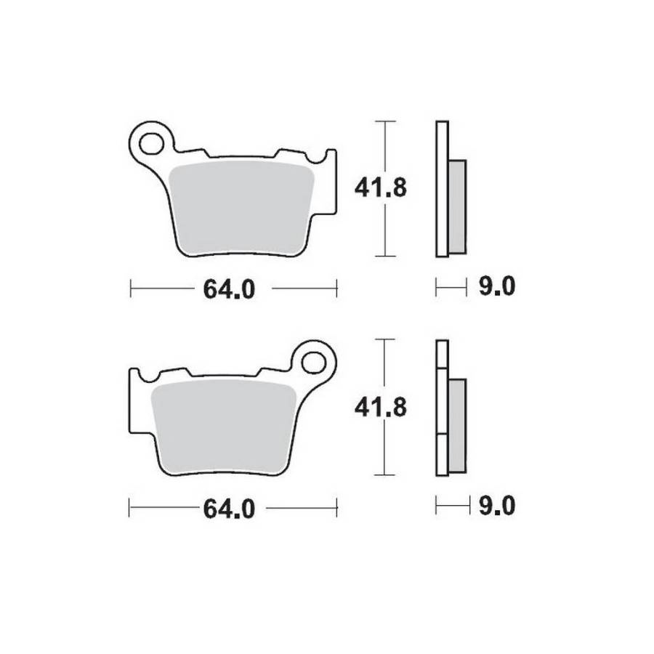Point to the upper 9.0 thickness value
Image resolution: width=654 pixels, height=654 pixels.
click(496, 288)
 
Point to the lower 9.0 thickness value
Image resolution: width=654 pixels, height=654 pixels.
click(496, 504)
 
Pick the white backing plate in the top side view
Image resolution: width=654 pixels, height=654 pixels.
click(442, 189)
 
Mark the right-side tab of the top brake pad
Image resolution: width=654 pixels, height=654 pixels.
click(331, 182)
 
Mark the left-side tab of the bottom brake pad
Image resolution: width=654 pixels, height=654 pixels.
click(135, 400)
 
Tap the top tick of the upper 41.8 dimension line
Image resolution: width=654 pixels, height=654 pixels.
click(384, 121)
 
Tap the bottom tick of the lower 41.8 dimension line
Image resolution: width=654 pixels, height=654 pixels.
click(384, 475)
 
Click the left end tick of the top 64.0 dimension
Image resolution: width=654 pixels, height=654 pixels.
click(131, 288)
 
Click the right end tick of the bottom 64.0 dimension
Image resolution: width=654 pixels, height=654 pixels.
click(336, 506)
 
